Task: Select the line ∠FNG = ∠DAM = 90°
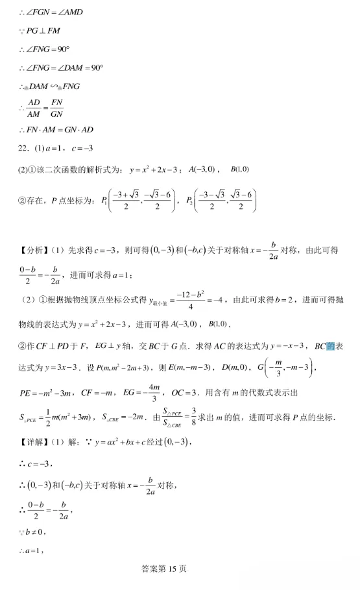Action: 62,68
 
